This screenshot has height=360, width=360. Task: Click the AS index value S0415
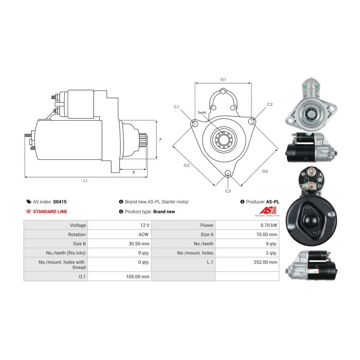point(60,202)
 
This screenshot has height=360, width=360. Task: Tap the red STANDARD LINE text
point(50,212)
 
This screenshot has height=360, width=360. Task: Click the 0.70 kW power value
point(269,225)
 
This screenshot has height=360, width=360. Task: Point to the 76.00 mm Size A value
point(266,234)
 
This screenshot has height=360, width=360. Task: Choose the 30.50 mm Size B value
point(139,244)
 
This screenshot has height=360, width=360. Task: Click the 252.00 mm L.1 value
point(265,262)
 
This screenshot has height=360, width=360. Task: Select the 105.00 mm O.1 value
point(138,277)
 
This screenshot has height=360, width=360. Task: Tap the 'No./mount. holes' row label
point(195,253)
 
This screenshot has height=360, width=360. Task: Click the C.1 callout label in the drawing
point(176,107)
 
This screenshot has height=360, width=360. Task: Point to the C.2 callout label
point(270,104)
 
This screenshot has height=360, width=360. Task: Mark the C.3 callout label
point(228,191)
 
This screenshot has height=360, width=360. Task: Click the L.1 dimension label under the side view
point(85,181)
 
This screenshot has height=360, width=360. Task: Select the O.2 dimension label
point(265,171)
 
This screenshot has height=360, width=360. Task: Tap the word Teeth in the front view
point(202,112)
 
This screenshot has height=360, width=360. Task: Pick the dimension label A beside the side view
point(160,139)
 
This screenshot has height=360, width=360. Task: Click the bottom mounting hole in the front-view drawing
point(228,173)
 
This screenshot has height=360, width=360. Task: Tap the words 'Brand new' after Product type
point(164,212)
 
